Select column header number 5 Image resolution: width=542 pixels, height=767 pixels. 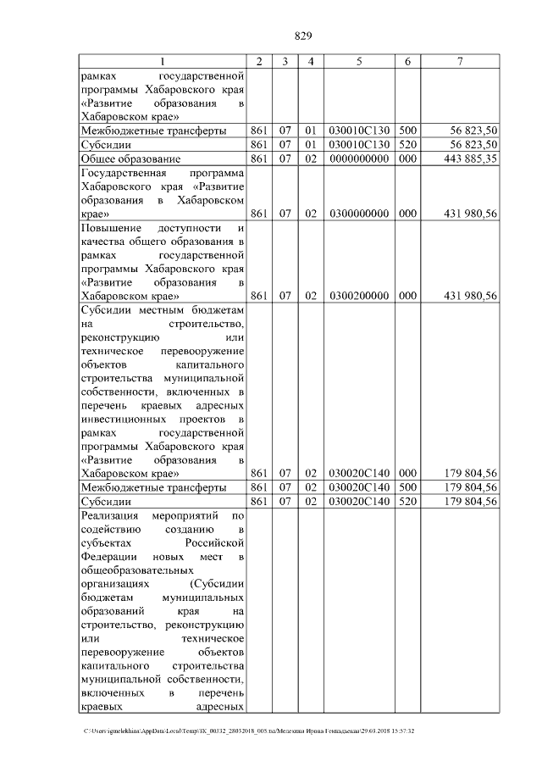coord(359,61)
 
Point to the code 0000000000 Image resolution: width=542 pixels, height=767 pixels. coord(359,158)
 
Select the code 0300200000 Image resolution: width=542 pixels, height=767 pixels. coord(359,296)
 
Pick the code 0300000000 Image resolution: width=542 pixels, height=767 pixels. coord(359,214)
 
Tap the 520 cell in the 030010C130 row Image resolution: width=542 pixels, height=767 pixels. coord(407,144)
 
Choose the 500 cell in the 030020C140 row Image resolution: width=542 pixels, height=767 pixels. coord(407,487)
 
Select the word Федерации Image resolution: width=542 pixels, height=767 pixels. coord(109,557)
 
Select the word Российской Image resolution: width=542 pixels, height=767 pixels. coord(215,543)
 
